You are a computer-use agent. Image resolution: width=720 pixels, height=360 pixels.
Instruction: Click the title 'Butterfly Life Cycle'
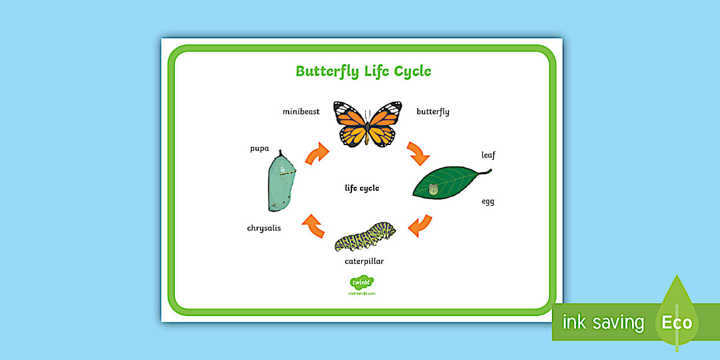363,71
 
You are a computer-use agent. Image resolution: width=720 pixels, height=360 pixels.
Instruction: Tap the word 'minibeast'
301,111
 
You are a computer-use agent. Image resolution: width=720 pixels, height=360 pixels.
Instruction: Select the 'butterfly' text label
433,111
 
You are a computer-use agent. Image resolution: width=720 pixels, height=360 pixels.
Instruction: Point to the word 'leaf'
488,155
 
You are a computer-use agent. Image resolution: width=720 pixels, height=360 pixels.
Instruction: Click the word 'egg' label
487,202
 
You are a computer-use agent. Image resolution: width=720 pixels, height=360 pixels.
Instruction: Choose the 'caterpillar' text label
364,261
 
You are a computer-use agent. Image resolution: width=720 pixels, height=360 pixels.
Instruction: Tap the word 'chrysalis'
264,228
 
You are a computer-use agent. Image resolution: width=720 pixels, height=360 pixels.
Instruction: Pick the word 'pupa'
259,149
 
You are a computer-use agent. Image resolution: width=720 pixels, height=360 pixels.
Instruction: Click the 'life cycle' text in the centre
362,188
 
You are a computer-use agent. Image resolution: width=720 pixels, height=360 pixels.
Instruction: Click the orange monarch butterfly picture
368,124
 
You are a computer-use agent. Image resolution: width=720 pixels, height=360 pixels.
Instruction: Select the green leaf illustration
449,182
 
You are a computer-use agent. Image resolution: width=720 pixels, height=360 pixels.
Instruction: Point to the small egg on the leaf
433,189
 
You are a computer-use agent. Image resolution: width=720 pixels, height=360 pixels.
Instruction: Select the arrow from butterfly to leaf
418,153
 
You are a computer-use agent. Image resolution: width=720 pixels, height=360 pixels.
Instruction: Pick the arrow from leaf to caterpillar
420,225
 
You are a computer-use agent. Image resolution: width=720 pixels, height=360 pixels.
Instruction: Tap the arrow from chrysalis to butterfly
317,153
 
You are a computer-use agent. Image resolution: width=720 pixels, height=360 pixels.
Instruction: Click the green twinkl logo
361,282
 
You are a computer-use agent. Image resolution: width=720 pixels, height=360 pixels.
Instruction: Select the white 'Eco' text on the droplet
677,322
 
